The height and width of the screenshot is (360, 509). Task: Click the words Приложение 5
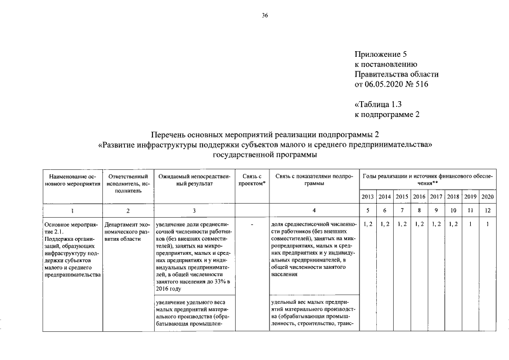tap(380, 55)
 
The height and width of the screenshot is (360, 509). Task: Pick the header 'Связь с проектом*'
tap(251, 180)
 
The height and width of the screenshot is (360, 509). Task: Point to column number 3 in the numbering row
tap(193, 211)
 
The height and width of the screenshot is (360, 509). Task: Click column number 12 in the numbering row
tap(487, 211)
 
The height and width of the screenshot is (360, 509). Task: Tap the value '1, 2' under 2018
tap(453, 225)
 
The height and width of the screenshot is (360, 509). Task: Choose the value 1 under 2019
tap(470, 225)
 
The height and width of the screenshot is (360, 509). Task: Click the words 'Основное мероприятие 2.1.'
tap(70, 228)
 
